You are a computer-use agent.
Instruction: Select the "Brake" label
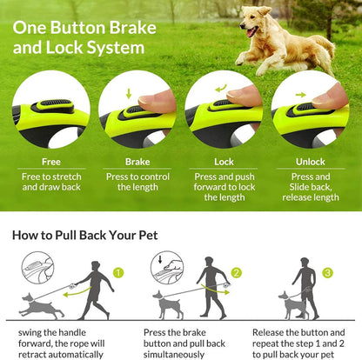point(137,161)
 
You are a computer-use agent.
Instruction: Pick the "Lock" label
point(224,161)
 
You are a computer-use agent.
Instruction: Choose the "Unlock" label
point(309,161)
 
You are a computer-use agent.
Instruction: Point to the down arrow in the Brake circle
point(130,92)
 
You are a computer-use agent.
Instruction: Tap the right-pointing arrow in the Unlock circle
point(301,92)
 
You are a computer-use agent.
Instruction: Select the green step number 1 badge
point(119,273)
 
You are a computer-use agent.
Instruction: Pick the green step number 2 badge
point(235,273)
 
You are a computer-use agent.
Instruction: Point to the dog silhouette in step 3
point(292,303)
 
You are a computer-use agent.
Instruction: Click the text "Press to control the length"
point(137,181)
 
